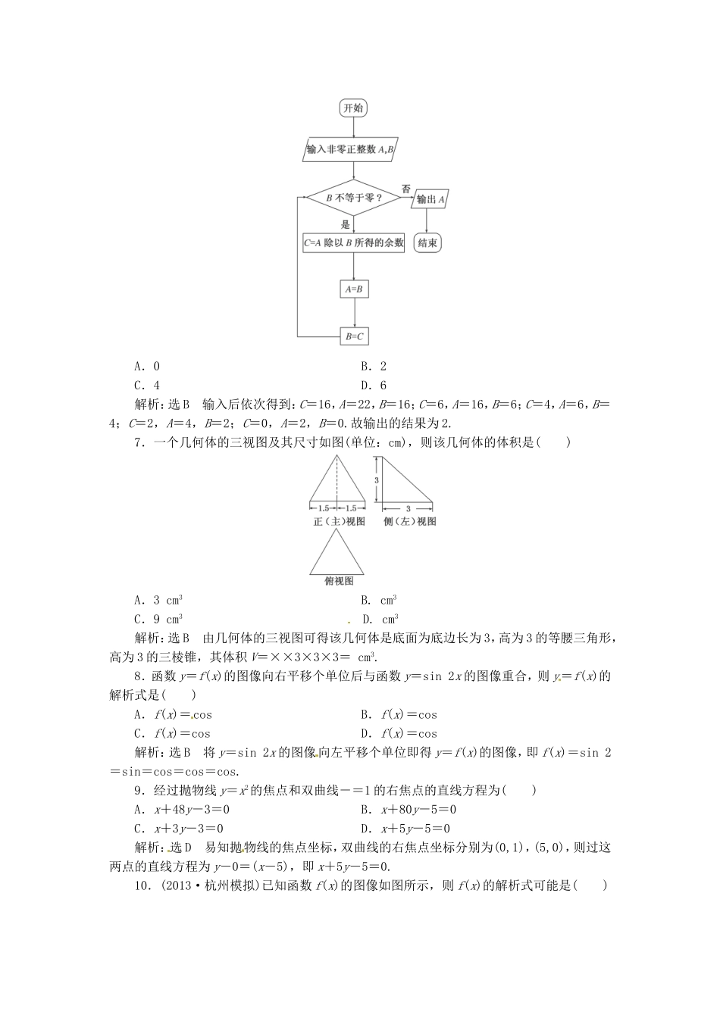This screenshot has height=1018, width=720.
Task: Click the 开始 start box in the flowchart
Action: click(x=353, y=108)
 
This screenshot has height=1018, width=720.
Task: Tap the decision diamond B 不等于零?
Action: click(x=353, y=199)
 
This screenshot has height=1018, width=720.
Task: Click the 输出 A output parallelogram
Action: click(x=430, y=199)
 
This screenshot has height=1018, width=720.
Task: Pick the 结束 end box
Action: click(x=428, y=243)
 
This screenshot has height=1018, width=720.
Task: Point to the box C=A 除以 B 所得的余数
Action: click(x=353, y=244)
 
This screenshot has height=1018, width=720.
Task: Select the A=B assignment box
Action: click(x=354, y=289)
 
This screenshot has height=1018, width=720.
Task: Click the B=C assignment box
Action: click(x=354, y=335)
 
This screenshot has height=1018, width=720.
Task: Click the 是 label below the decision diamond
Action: click(x=345, y=224)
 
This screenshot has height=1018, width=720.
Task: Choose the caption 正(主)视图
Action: click(x=338, y=521)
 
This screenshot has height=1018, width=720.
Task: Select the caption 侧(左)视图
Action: click(x=409, y=521)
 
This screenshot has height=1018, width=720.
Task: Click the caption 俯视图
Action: click(x=339, y=581)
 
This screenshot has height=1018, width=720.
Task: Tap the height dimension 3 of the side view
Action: click(x=375, y=479)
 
